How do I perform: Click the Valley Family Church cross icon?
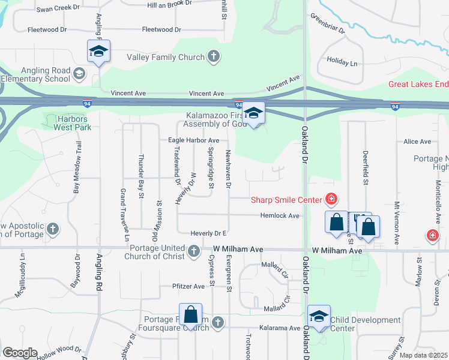tap(213, 58)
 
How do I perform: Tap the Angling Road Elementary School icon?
tap(79, 74)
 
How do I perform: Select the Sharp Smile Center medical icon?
tap(330, 199)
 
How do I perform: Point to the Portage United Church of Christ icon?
tap(193, 251)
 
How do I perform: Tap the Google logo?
tap(20, 353)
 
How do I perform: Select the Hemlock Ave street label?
tap(279, 215)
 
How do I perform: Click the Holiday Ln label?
tap(342, 62)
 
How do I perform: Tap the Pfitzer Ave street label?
tap(188, 286)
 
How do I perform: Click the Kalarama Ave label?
tap(279, 328)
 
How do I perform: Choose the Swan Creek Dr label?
tap(58, 8)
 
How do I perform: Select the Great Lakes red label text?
tap(418, 85)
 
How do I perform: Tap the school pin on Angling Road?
tap(98, 52)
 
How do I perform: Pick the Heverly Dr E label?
tap(208, 233)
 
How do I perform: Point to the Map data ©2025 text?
tap(423, 355)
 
